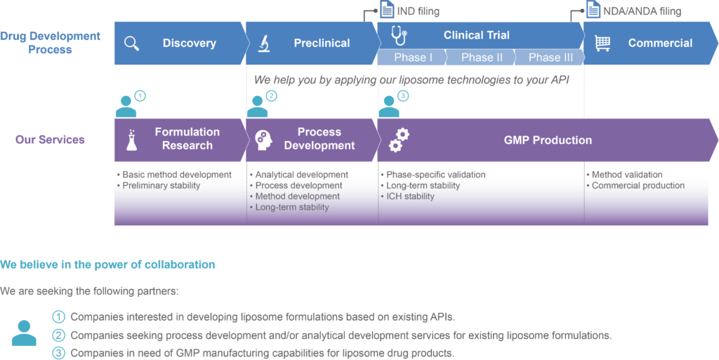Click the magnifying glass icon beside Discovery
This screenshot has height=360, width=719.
[131, 43]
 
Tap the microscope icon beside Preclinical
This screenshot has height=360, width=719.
[263, 43]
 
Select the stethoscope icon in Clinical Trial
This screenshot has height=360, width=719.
[399, 35]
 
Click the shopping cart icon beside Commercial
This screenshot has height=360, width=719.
[602, 43]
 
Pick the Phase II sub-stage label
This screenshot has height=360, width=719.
[482, 58]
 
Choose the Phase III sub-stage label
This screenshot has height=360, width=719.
[550, 58]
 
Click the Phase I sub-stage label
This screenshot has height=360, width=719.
[413, 58]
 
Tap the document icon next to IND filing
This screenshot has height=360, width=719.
[387, 10]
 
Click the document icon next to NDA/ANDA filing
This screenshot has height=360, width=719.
[593, 10]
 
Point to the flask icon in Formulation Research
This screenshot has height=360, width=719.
[132, 140]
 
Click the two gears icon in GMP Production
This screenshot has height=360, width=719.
[399, 140]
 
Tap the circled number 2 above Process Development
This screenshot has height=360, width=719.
[272, 96]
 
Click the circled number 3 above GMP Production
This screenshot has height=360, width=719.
[402, 96]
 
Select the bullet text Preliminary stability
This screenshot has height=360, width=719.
[159, 185]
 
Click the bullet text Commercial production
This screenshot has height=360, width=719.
[635, 185]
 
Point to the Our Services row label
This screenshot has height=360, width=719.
[50, 139]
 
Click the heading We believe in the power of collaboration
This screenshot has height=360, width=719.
[107, 265]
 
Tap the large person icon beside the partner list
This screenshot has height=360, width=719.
[24, 333]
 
